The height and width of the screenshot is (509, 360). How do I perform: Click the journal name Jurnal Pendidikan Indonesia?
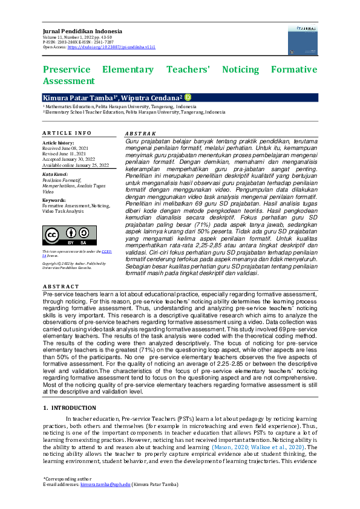(x=82, y=31)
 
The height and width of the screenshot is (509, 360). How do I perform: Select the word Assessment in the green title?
(x=69, y=81)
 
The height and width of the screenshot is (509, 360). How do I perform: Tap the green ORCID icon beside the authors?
(x=188, y=97)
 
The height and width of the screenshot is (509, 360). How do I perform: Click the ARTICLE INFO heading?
(x=67, y=133)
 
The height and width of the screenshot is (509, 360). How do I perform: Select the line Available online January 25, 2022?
(x=76, y=164)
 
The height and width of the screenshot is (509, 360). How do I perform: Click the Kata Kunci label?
(x=54, y=173)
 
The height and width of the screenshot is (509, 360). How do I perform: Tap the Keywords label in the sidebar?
(x=54, y=199)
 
